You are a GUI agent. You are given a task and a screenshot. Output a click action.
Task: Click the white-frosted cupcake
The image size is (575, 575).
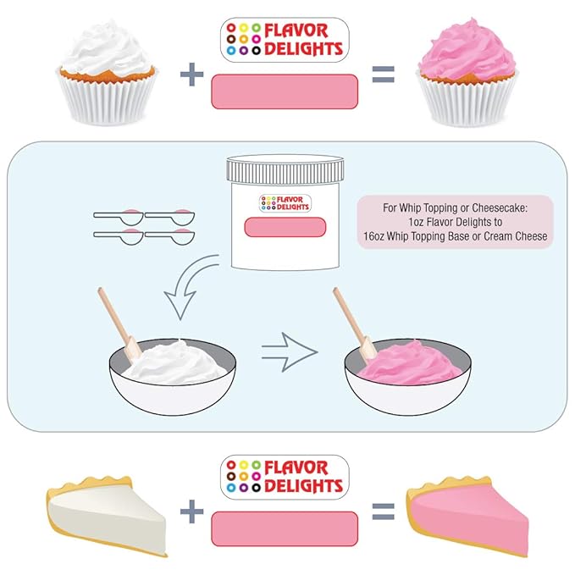(107, 74)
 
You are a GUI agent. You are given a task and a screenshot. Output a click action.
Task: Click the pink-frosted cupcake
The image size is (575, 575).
(467, 74)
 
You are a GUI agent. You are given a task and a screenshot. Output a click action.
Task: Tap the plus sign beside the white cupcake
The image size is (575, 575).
(191, 75)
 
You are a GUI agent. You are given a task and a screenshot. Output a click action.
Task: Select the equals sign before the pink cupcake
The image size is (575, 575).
(384, 75)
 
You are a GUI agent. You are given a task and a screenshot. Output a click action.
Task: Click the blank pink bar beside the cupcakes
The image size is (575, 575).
(285, 91)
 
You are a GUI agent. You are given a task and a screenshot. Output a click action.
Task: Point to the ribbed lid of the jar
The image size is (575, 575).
(285, 169)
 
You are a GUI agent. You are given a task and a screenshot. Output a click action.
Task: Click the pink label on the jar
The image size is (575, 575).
(285, 227)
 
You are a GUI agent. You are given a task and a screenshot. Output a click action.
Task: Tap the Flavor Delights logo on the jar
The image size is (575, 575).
(285, 203)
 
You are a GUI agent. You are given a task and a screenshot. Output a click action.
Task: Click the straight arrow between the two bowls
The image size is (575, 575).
(290, 352)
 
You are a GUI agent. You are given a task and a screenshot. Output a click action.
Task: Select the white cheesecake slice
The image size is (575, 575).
(107, 515)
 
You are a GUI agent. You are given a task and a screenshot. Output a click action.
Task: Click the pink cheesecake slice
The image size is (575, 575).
(467, 515)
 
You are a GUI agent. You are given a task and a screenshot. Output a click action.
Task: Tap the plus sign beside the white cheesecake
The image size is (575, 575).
(191, 511)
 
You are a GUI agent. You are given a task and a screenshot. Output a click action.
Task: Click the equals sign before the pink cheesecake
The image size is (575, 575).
(384, 511)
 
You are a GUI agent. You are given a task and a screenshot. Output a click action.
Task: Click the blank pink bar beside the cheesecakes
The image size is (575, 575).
(285, 528)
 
